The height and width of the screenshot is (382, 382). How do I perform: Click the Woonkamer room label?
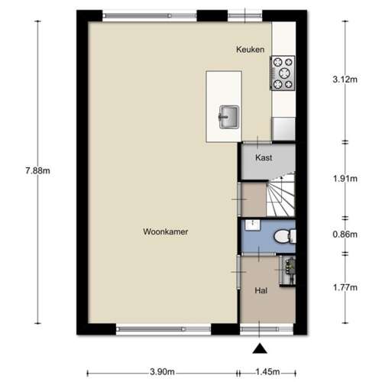[166, 231]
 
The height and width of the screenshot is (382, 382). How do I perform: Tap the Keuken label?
[250, 50]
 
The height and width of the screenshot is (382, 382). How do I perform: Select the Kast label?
[264, 157]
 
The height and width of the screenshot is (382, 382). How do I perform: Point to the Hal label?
[261, 290]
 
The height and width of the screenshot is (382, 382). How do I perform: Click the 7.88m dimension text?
[37, 170]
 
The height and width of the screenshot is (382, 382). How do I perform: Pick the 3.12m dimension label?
[345, 79]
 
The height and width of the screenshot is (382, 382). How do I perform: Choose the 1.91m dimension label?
[345, 179]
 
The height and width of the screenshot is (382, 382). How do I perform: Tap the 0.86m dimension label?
[345, 235]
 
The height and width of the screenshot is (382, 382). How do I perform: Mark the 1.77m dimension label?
[345, 287]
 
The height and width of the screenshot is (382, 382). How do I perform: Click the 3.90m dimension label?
[162, 372]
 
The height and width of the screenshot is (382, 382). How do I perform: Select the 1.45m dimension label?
[267, 372]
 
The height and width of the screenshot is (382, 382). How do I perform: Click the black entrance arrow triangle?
[260, 348]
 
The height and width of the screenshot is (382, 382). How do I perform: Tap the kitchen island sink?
[229, 117]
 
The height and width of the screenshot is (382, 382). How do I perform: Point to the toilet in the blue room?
[285, 236]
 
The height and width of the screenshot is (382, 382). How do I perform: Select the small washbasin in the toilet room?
[253, 225]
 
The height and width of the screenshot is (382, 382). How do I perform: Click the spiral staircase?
[280, 195]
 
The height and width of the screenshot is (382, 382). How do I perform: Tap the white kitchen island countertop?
[224, 106]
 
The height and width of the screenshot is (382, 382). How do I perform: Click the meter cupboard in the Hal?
[288, 270]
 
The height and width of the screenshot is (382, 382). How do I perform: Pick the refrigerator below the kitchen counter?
[283, 128]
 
